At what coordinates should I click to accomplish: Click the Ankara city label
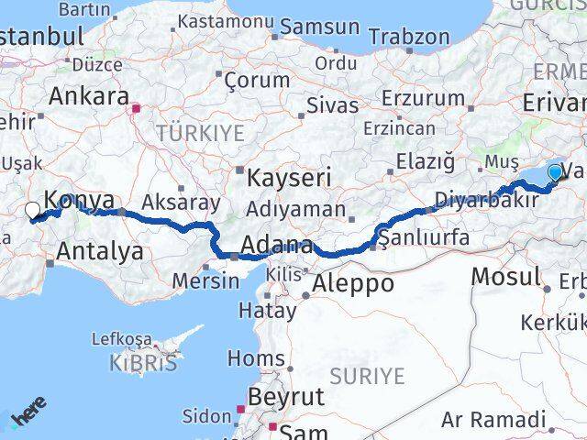[x=88, y=96]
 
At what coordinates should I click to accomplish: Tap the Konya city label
[x=80, y=200]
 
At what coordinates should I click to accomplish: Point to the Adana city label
[x=276, y=245]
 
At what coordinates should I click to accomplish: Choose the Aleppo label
[x=353, y=284]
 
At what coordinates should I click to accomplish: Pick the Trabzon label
[x=409, y=37]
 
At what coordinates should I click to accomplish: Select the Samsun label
[x=319, y=27]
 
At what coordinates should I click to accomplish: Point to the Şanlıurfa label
[x=425, y=237]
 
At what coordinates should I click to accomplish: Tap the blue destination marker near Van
[x=555, y=172]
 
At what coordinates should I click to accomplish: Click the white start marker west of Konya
[x=32, y=210]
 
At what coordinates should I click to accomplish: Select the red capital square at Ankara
[x=137, y=108]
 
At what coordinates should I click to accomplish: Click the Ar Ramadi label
[x=493, y=420]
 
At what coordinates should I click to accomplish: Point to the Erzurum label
[x=410, y=97]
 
